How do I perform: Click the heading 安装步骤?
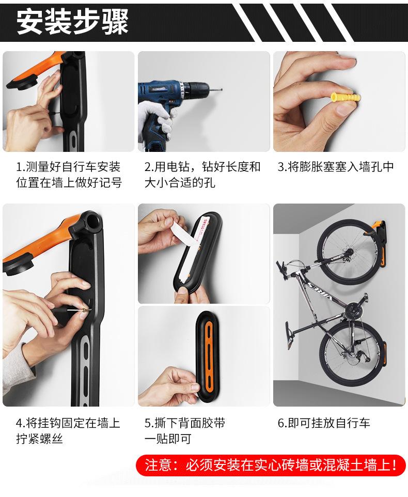coord(72,22)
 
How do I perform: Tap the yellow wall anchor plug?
coord(346,96)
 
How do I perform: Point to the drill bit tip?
coord(222,90)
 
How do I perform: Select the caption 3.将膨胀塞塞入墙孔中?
coord(336,166)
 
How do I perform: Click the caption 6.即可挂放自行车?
coord(324,423)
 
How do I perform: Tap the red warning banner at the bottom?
coord(271,465)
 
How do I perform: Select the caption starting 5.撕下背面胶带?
coord(185,431)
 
